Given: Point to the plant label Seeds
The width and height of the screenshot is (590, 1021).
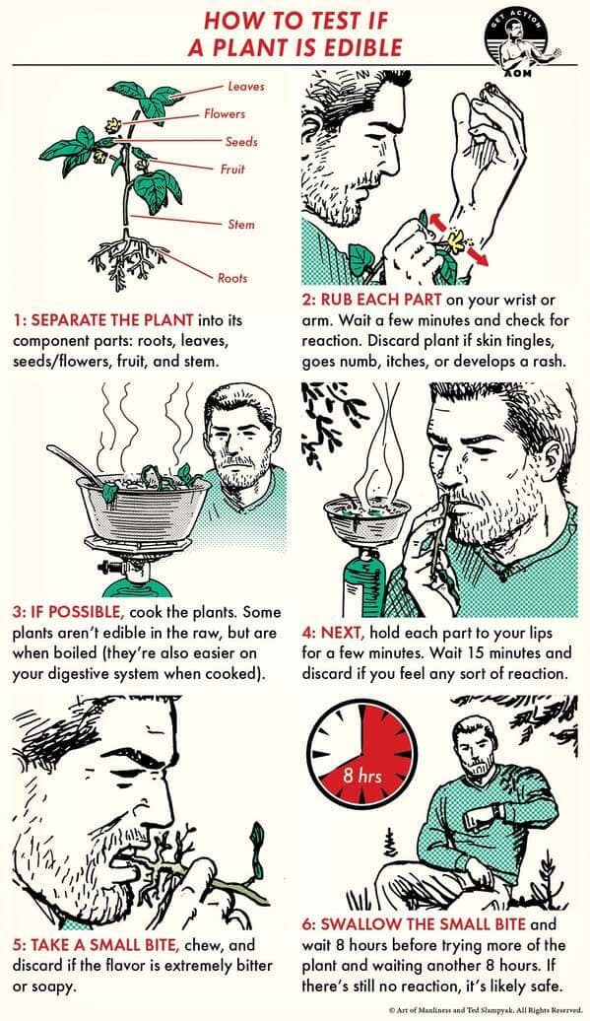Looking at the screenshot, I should pyautogui.click(x=240, y=142).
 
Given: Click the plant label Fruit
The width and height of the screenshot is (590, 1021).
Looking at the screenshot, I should pyautogui.click(x=229, y=169).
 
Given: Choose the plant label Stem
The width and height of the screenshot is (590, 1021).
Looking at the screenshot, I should pyautogui.click(x=241, y=225).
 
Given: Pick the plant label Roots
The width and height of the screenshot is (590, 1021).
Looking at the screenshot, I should pyautogui.click(x=232, y=278).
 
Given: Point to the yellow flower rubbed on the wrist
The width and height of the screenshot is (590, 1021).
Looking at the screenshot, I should pyautogui.click(x=456, y=238).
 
